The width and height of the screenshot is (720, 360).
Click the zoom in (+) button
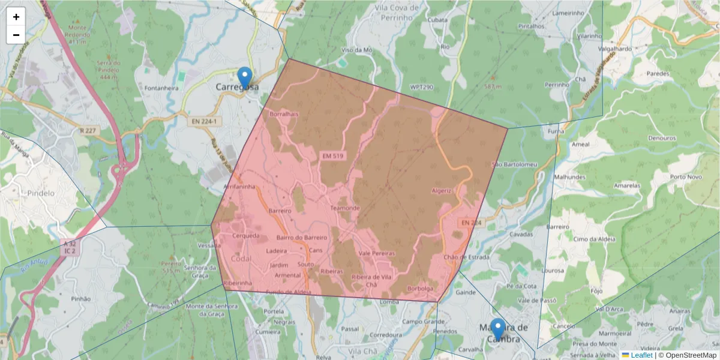[x=16, y=17]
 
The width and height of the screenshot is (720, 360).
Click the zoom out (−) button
[x=16, y=35]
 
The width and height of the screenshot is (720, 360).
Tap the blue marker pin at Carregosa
[x=244, y=77]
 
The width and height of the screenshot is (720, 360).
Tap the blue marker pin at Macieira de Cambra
[x=497, y=329]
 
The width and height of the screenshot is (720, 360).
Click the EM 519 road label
[x=334, y=156]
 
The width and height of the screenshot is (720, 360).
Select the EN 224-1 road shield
[x=204, y=121]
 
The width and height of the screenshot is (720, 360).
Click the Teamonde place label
[x=345, y=208]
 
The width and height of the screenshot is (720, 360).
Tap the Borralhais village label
[x=284, y=113]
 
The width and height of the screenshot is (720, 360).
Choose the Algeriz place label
[x=441, y=191]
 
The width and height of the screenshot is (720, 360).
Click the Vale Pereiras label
[x=377, y=253]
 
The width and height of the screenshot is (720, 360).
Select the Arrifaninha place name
[x=239, y=187]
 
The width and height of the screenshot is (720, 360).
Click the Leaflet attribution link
[x=641, y=355]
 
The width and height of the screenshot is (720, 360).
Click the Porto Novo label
[x=686, y=177]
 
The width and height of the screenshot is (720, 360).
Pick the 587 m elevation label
[x=493, y=87]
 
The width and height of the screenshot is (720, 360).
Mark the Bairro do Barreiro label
[x=302, y=238]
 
